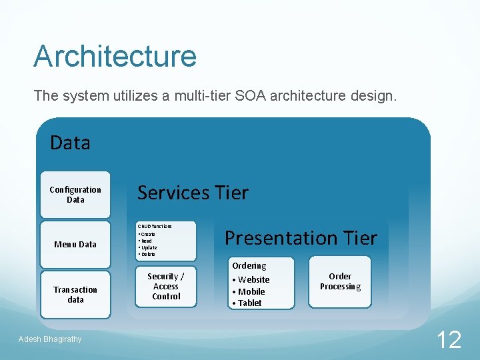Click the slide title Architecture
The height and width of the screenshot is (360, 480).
[x=115, y=56]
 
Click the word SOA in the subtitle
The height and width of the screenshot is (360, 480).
[x=252, y=96]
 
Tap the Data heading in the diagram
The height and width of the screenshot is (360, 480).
[x=70, y=142]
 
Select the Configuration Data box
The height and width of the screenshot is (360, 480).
[x=75, y=195]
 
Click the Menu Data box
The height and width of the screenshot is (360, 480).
[x=75, y=244]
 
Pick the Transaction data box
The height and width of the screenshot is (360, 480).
[x=75, y=295]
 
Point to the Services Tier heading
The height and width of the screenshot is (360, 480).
[x=192, y=193]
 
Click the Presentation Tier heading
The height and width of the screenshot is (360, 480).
[x=301, y=238]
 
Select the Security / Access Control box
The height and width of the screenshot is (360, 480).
[x=166, y=287]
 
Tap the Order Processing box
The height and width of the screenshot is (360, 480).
[x=340, y=281]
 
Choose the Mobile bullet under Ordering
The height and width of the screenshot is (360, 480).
[x=251, y=291]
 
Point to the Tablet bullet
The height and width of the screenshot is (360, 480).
[x=249, y=303]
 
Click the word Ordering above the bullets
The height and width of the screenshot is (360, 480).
[x=249, y=265]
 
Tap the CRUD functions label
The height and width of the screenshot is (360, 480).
[x=155, y=227]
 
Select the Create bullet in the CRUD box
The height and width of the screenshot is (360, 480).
[x=147, y=235]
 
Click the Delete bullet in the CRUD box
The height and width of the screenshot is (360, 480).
[x=147, y=255]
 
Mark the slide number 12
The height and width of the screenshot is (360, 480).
[x=449, y=340]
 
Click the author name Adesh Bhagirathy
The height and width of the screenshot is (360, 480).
[x=50, y=339]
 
